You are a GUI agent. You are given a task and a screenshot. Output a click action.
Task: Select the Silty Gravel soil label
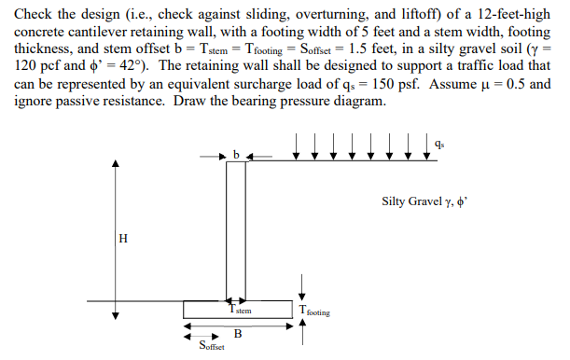(x=432, y=201)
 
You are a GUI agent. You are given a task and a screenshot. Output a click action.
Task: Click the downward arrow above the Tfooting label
(x=301, y=290)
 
